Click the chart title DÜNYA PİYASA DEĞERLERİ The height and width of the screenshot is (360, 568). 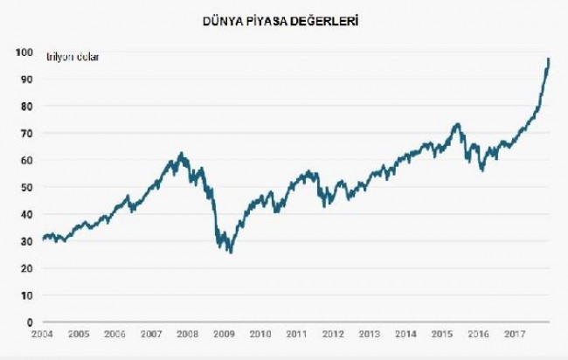(x=284, y=18)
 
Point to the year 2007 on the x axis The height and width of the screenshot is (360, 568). (x=152, y=334)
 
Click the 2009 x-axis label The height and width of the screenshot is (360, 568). (x=224, y=334)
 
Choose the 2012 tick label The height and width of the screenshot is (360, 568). (x=333, y=334)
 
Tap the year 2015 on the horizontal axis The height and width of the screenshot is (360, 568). (x=442, y=334)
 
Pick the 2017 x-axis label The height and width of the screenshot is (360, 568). (x=514, y=334)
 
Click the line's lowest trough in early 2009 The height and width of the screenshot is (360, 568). (x=231, y=252)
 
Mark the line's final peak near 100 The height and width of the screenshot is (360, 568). (x=548, y=59)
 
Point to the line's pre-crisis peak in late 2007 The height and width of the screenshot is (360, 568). (x=181, y=154)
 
